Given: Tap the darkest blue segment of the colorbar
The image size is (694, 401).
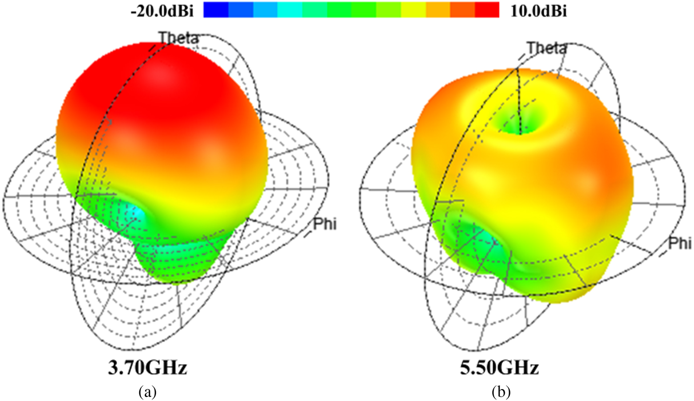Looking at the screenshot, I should click(x=216, y=10).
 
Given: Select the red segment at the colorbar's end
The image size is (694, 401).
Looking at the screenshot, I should click(x=487, y=10).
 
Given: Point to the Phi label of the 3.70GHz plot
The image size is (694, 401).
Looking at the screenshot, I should click(x=325, y=224).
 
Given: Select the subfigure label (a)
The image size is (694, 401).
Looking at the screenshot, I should click(x=148, y=392).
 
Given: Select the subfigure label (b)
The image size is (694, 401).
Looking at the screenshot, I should click(x=500, y=392).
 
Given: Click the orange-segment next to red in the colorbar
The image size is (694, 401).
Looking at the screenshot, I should click(x=463, y=10).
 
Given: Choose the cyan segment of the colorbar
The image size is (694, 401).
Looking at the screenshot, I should click(x=289, y=10).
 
